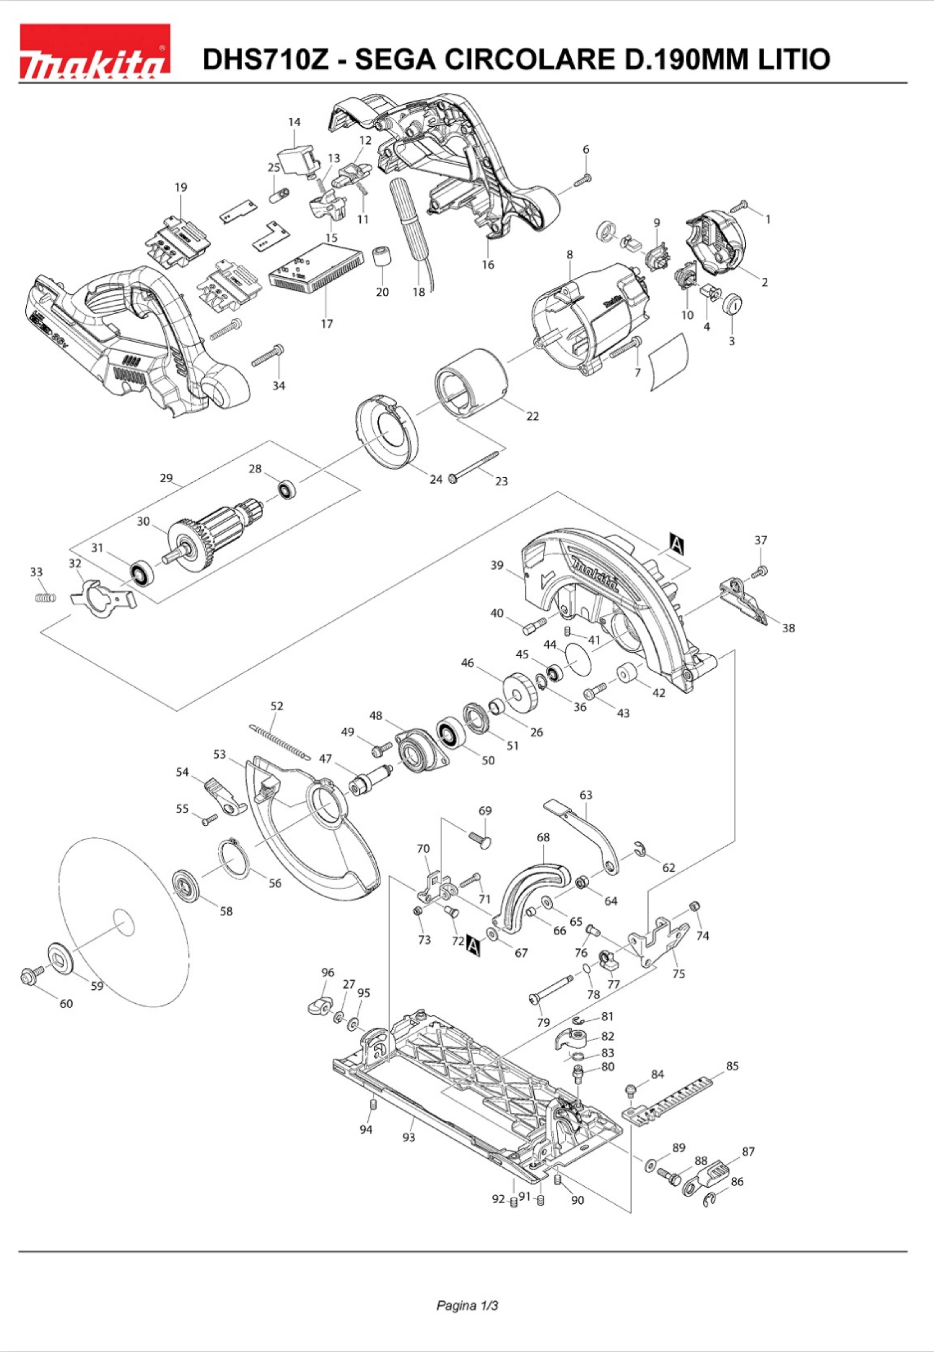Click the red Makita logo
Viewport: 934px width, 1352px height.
[95, 51]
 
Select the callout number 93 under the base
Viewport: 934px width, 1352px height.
[409, 1137]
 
